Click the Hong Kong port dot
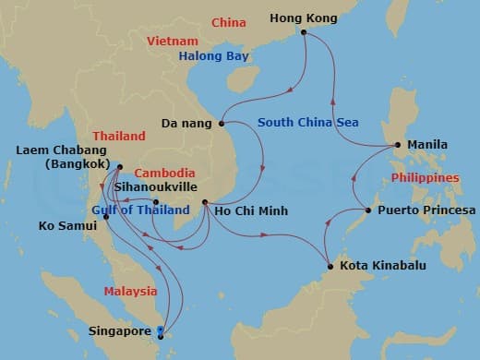click(304, 34)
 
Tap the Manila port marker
click(397, 145)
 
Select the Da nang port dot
click(222, 122)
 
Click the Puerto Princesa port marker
click(368, 210)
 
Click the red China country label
click(227, 22)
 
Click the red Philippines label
click(425, 177)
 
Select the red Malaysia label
click(128, 291)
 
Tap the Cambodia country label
click(164, 173)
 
